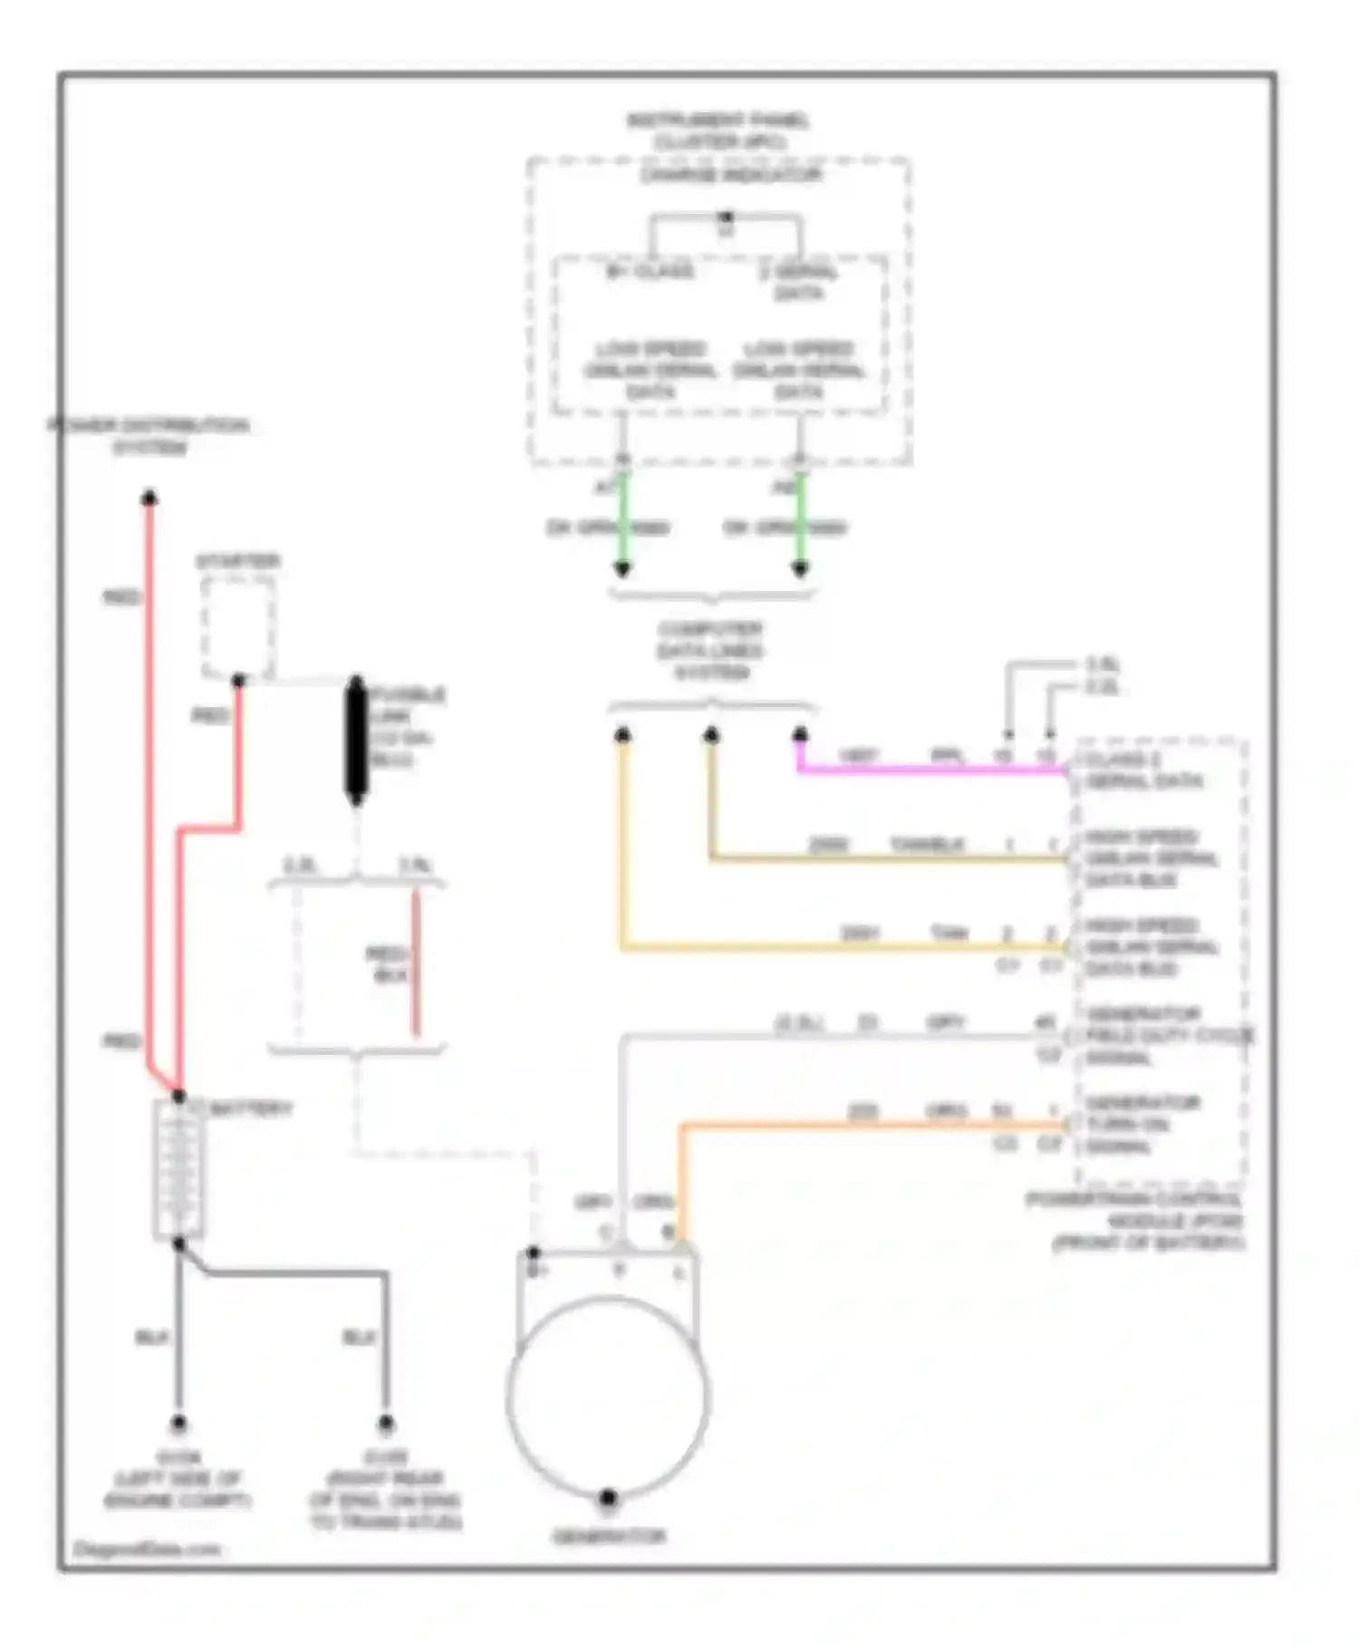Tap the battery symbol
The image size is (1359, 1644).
pos(178,1168)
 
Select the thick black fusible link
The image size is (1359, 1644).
pos(356,740)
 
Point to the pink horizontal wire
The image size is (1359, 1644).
pos(933,770)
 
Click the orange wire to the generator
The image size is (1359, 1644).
pos(870,1126)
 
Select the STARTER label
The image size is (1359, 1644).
pos(237,561)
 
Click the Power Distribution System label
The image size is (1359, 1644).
pos(149,436)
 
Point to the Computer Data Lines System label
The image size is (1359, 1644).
pos(711,651)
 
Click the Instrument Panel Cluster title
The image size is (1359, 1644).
pos(718,131)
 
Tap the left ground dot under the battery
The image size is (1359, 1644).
pos(178,1424)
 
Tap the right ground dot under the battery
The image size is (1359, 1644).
pos(386,1424)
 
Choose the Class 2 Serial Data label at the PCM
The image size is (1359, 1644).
pos(1143,770)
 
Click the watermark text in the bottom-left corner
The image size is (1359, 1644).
pos(146,1549)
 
